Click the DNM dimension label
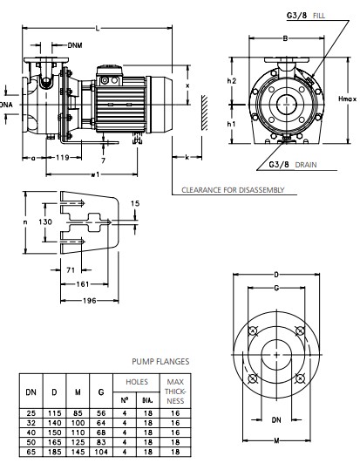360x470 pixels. click(75, 45)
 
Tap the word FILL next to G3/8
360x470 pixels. click(319, 16)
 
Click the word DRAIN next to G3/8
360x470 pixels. click(305, 165)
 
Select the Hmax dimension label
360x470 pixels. click(348, 99)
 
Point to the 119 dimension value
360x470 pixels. click(63, 157)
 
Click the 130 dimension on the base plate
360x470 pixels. click(45, 221)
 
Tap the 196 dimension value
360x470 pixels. click(90, 300)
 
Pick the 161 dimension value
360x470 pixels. click(83, 284)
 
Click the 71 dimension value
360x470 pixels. click(71, 270)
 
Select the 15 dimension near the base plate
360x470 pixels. click(135, 203)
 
